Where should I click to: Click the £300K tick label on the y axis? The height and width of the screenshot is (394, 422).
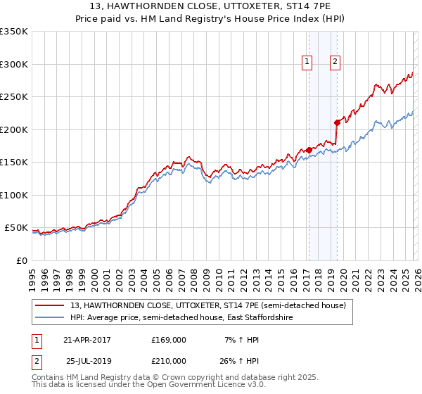14,64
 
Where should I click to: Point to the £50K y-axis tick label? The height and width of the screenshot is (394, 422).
15,228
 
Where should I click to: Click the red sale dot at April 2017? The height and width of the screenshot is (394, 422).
309,150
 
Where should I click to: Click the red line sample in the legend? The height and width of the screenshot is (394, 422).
50,306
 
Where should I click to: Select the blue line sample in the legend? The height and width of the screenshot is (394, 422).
50,318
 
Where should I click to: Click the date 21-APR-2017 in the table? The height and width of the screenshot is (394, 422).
87,340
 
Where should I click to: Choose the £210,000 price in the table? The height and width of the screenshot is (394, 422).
169,361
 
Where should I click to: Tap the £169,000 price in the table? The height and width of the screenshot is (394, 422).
169,340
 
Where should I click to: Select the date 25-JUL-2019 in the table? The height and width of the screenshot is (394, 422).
87,361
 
